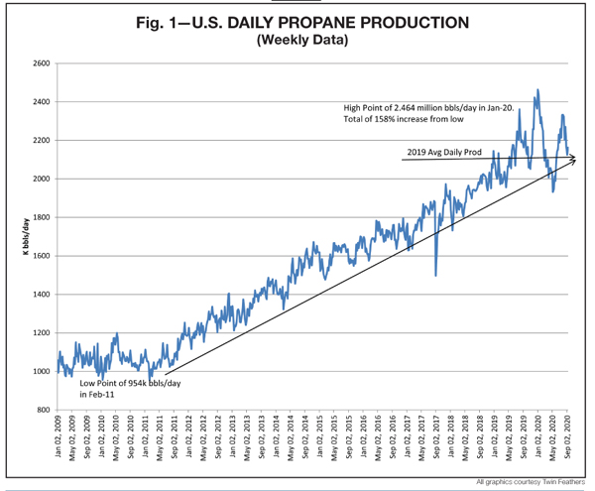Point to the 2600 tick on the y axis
coord(40,62)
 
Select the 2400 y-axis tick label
coord(40,101)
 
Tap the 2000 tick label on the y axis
coord(40,179)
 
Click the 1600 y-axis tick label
coord(40,256)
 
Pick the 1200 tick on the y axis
coord(40,333)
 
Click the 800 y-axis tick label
coord(42,410)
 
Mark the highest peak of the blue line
coord(537,90)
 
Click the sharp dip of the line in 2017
coord(436,274)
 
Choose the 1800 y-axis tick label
coord(40,217)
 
